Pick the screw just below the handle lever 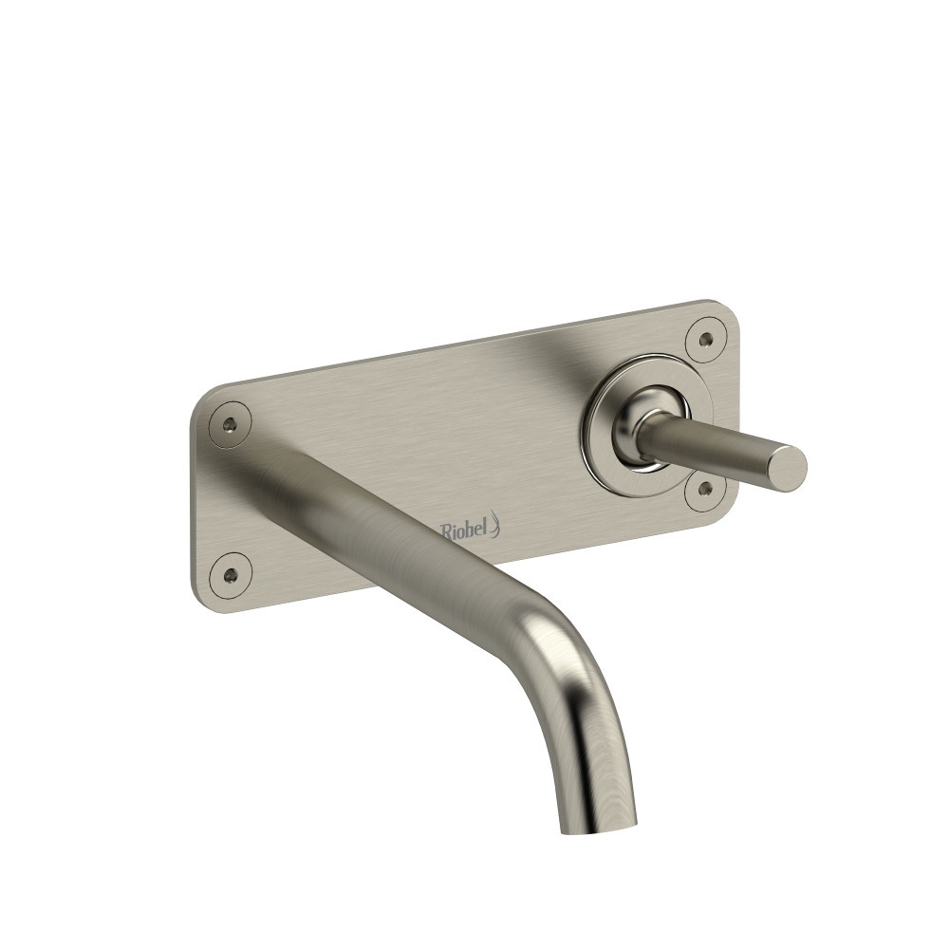(706, 489)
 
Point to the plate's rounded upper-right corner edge (731, 313)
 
